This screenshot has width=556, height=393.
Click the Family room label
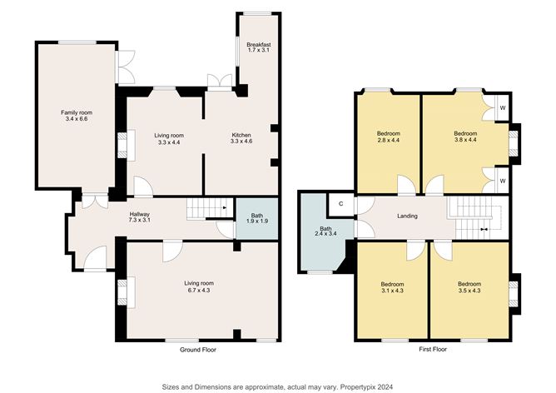tap(77, 116)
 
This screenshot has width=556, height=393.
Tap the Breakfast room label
tap(259, 47)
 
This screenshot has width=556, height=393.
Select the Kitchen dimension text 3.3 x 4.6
tap(241, 142)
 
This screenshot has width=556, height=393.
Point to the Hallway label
tap(139, 217)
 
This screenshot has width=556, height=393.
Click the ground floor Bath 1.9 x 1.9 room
tap(257, 218)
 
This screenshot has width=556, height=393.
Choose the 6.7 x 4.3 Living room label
tap(199, 286)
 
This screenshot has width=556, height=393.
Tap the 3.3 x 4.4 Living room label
tap(169, 139)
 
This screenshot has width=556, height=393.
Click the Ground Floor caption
tap(198, 350)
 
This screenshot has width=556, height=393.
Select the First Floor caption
tap(433, 349)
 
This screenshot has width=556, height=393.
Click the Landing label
tap(407, 216)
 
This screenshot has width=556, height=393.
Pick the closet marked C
tap(340, 204)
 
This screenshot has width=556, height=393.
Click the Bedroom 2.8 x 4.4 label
tap(389, 137)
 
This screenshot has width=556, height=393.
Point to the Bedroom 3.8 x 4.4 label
tap(465, 137)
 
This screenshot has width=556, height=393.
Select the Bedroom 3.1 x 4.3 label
tap(392, 287)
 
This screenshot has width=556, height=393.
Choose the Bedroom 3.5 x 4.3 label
tap(469, 287)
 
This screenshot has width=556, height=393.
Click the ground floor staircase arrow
tap(225, 207)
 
